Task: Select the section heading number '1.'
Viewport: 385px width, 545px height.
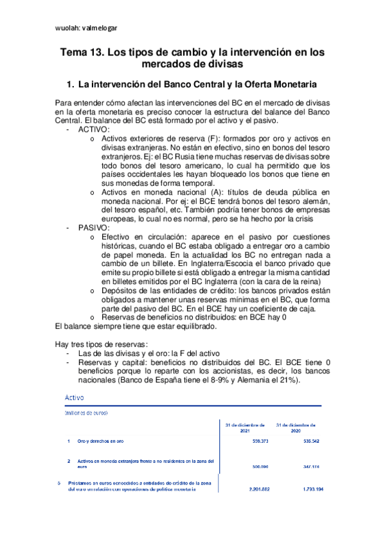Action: tap(72, 84)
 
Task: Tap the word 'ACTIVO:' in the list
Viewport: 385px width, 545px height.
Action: tap(94, 129)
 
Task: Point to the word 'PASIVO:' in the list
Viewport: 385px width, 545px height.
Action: tap(94, 228)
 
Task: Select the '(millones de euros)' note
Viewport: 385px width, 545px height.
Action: tap(86, 413)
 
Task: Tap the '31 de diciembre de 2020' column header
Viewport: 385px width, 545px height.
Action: tap(295, 428)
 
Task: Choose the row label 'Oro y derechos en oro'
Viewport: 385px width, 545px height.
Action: tap(102, 442)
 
